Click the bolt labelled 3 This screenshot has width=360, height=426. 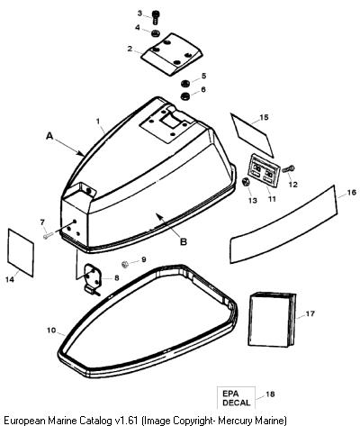pyautogui.click(x=155, y=18)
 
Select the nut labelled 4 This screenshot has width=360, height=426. pyautogui.click(x=155, y=33)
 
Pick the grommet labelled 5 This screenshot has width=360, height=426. pyautogui.click(x=184, y=83)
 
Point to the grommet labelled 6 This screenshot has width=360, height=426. pyautogui.click(x=184, y=96)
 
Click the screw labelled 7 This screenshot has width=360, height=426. pyautogui.click(x=48, y=236)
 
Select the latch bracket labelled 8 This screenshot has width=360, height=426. pyautogui.click(x=92, y=279)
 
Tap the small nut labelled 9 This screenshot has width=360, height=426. pyautogui.click(x=125, y=264)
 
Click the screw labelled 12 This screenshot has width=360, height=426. pyautogui.click(x=288, y=169)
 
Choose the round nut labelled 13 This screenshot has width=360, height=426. pyautogui.click(x=246, y=182)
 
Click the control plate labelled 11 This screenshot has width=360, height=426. pyautogui.click(x=264, y=170)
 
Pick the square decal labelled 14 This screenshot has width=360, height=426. pyautogui.click(x=21, y=252)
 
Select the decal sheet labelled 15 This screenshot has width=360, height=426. pyautogui.click(x=252, y=135)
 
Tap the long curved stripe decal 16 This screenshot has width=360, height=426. pyautogui.click(x=283, y=224)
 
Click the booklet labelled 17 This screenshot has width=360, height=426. pyautogui.click(x=272, y=320)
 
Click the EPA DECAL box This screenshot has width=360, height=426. pyautogui.click(x=236, y=398)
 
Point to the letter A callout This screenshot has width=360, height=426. pyautogui.click(x=49, y=136)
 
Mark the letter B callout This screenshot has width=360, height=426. pyautogui.click(x=184, y=241)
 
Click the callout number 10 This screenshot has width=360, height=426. pyautogui.click(x=51, y=331)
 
